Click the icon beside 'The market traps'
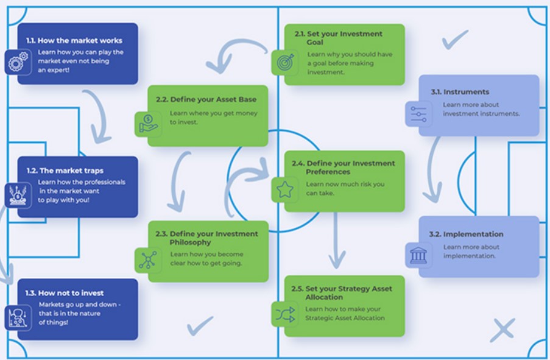pyautogui.click(x=17, y=196)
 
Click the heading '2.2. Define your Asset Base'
pyautogui.click(x=206, y=99)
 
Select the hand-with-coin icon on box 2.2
pyautogui.click(x=147, y=124)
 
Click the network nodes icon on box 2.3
pyautogui.click(x=147, y=259)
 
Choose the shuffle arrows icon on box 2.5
pyautogui.click(x=284, y=314)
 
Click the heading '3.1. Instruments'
pyautogui.click(x=460, y=92)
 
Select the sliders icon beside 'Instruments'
pyautogui.click(x=418, y=114)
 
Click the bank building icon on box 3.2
pyautogui.click(x=418, y=255)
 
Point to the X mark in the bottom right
pyautogui.click(x=502, y=330)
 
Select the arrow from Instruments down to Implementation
pyautogui.click(x=433, y=171)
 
